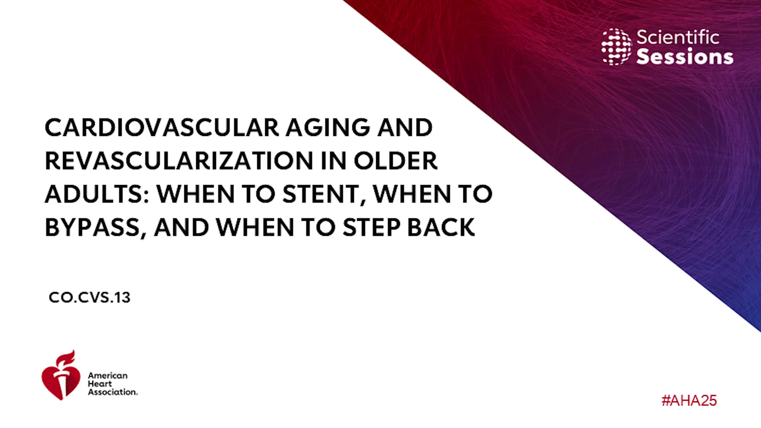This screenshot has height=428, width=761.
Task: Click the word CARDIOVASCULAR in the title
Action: (x=162, y=128)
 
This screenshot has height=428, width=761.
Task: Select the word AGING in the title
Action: (x=328, y=128)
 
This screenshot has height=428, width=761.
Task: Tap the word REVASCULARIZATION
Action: (x=179, y=161)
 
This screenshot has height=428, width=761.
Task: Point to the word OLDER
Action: (x=396, y=161)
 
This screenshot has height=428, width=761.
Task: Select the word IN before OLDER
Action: (x=334, y=161)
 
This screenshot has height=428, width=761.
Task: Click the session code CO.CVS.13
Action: (x=90, y=297)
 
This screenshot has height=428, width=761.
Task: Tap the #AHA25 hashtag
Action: (x=689, y=400)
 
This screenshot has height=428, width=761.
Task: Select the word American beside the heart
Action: (x=108, y=375)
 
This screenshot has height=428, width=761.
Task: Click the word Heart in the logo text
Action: (x=100, y=384)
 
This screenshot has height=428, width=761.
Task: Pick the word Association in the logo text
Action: (x=113, y=392)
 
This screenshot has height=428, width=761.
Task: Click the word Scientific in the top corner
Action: (x=678, y=37)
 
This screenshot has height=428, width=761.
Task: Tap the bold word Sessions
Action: (x=685, y=57)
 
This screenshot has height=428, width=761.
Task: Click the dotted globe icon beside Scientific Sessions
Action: (x=616, y=47)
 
